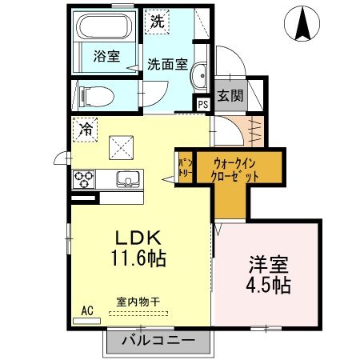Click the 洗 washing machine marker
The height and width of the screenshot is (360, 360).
point(157,22)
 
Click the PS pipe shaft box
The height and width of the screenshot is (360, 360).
point(203,103)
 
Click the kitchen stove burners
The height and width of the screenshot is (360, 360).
point(85,178)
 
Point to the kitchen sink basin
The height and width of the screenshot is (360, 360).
point(125,178)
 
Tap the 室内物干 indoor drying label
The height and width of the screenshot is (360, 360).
point(138,302)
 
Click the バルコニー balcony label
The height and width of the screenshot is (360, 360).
point(158,342)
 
